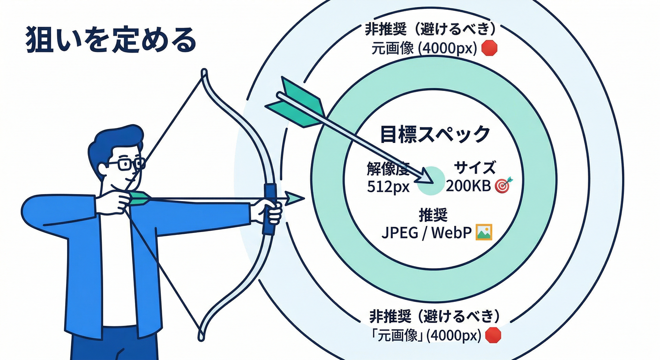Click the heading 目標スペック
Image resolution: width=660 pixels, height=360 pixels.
435,134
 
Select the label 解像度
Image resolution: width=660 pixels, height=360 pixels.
388,168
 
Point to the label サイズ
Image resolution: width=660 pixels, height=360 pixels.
474,167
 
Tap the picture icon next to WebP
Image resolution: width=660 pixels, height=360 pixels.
484,232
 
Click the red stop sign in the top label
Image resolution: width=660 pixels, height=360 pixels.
489,48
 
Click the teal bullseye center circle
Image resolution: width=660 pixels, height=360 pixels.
431,181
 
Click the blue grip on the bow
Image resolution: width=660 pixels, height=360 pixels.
269,209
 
